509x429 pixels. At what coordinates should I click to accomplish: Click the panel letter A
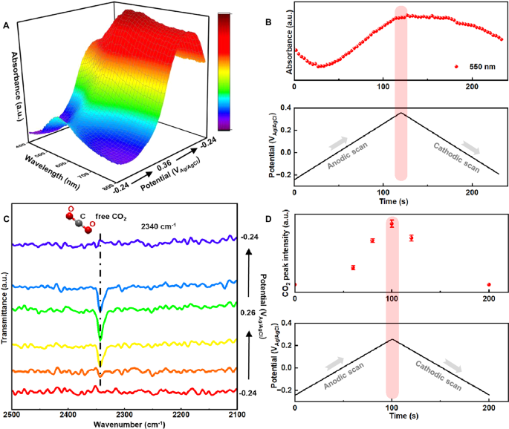(x=7, y=25)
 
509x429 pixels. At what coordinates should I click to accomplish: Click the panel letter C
(x=7, y=220)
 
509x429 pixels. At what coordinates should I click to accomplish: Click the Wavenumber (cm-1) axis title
(x=123, y=424)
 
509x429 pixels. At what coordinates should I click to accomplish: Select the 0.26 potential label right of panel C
(x=248, y=312)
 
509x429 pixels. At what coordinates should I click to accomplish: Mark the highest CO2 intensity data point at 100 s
(x=392, y=223)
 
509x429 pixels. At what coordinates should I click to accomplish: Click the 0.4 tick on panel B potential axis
(x=287, y=108)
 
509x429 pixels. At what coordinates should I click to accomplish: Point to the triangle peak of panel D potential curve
(x=392, y=339)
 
